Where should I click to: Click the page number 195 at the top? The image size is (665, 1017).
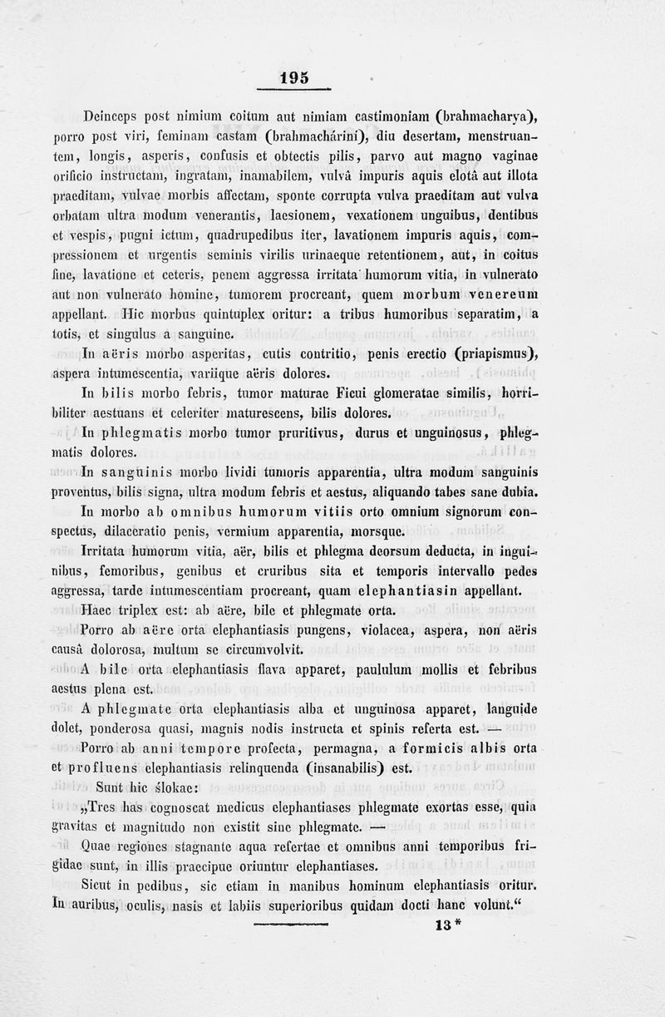(293, 77)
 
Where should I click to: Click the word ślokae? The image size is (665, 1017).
(174, 787)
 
